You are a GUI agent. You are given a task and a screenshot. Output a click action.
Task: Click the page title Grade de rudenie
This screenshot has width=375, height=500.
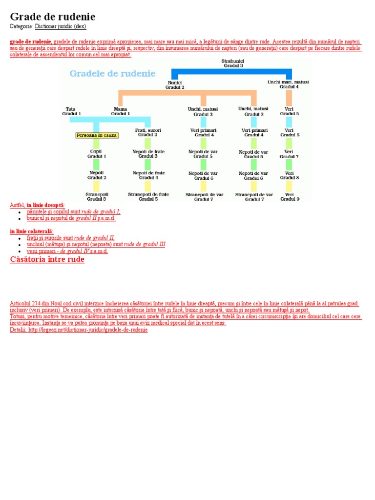coord(53,16)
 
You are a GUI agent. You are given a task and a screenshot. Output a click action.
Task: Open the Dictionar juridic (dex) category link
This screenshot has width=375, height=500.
coord(61,26)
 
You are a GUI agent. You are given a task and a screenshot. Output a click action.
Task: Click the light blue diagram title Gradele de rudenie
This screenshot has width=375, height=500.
coord(112,74)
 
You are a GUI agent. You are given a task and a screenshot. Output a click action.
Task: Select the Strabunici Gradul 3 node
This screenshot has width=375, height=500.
coord(233,63)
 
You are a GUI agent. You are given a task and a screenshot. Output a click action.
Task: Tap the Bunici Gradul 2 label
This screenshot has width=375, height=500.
coord(174,85)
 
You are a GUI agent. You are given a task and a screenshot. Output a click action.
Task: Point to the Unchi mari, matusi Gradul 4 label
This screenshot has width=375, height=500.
coord(288,84)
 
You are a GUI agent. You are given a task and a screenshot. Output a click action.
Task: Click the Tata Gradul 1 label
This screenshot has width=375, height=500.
coord(71,111)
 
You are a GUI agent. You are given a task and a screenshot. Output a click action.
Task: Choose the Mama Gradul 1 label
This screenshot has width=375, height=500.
coord(120,111)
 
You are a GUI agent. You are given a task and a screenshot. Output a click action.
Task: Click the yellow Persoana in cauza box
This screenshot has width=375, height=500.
coord(97,135)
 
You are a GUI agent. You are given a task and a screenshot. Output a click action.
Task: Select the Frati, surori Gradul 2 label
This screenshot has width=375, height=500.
coord(147,132)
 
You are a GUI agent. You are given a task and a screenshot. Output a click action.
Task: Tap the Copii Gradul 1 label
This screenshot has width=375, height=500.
coord(96,154)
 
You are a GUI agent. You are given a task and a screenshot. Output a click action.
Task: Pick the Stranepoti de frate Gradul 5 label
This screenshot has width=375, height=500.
coord(148,196)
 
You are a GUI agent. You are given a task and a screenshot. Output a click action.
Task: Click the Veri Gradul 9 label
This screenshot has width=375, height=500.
coord(289,196)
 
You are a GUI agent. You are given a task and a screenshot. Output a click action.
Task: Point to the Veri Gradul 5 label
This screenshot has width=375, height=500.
coord(289,111)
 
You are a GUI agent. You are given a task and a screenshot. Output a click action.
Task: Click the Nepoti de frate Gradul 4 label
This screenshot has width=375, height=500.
coord(148,175)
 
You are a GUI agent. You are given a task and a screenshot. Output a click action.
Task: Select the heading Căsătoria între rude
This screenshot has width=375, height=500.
coord(47,259)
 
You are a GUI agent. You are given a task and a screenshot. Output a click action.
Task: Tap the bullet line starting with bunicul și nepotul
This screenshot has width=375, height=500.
coord(71,218)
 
